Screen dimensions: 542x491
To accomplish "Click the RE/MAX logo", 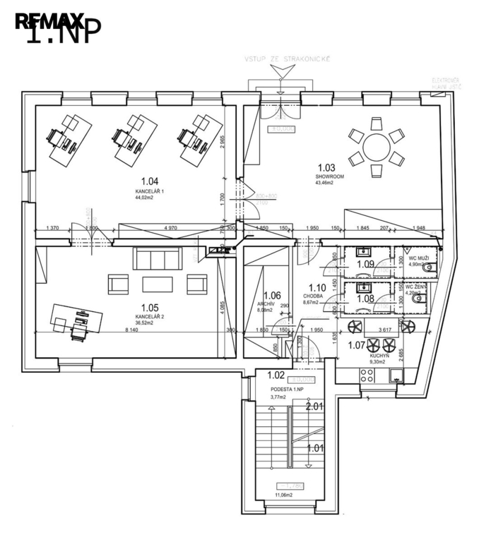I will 49,21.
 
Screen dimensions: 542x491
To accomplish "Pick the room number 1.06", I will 272,296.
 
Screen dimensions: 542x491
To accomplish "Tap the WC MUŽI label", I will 418,258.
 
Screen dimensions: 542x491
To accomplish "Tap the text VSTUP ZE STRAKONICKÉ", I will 287,61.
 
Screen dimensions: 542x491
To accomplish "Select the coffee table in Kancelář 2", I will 157,284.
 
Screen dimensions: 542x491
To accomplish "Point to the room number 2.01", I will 314,406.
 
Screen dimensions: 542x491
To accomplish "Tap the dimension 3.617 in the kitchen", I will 385,330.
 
